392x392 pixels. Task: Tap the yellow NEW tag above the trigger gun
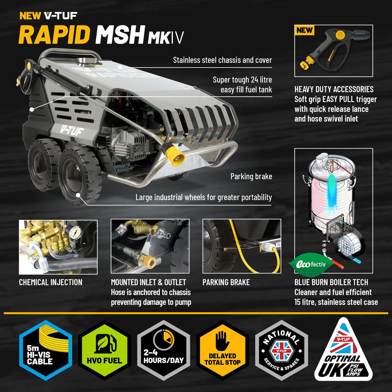coord(304,30)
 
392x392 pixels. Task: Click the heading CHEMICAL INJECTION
coord(51,282)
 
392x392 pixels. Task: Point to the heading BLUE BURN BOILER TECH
coord(331,282)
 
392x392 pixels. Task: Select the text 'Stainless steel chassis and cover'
coord(222,60)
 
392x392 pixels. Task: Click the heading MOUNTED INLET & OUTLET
coord(148,282)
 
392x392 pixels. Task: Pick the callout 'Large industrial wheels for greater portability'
coord(204,197)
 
